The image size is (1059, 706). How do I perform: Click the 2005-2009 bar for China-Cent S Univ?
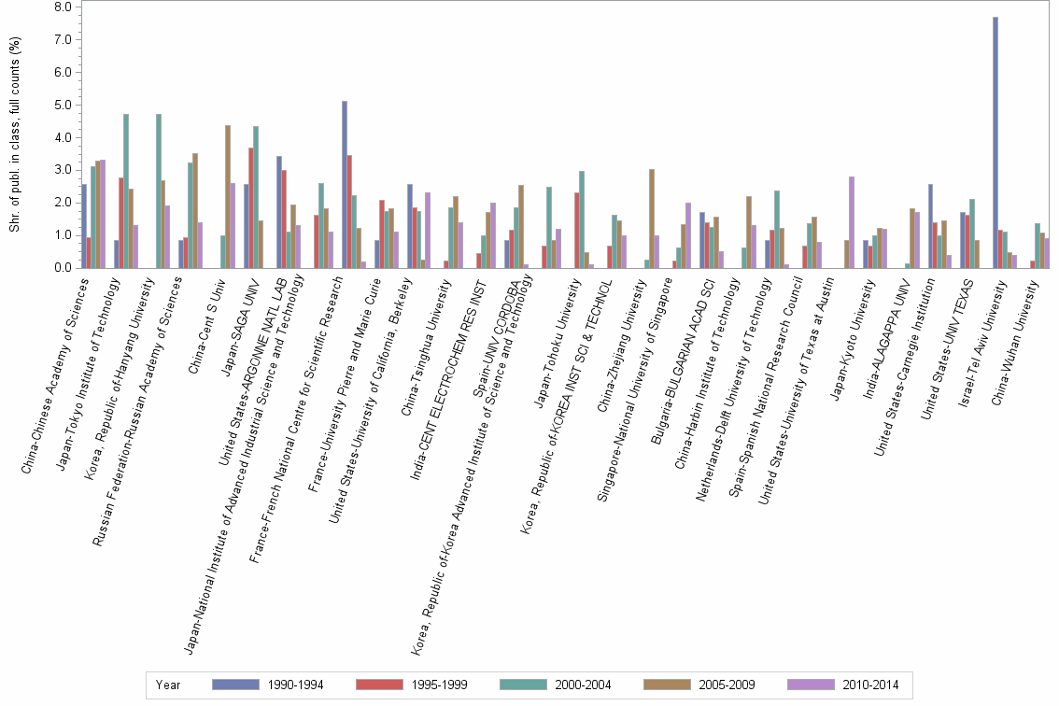pyautogui.click(x=228, y=196)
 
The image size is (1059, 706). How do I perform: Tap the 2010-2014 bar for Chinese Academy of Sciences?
pyautogui.click(x=103, y=214)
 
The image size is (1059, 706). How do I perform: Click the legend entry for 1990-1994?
pyautogui.click(x=267, y=685)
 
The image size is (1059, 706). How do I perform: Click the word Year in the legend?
pyautogui.click(x=169, y=685)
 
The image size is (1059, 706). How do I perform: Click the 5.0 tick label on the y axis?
pyautogui.click(x=64, y=105)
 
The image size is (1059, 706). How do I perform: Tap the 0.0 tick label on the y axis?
pyautogui.click(x=64, y=268)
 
